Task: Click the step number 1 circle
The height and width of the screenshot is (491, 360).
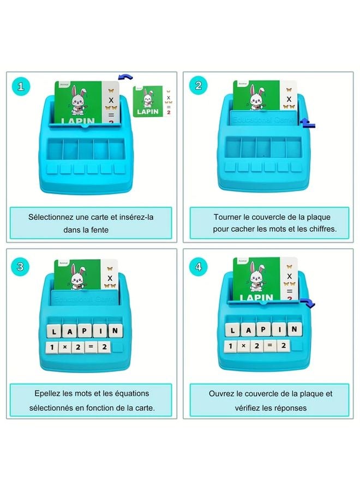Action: [21, 87]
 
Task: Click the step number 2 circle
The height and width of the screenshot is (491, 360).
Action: [198, 86]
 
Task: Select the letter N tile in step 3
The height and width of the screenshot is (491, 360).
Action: [115, 331]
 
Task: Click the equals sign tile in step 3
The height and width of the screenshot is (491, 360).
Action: [91, 347]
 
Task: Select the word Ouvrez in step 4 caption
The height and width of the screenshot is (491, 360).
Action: [221, 393]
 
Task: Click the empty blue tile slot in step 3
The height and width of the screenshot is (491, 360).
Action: [118, 347]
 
